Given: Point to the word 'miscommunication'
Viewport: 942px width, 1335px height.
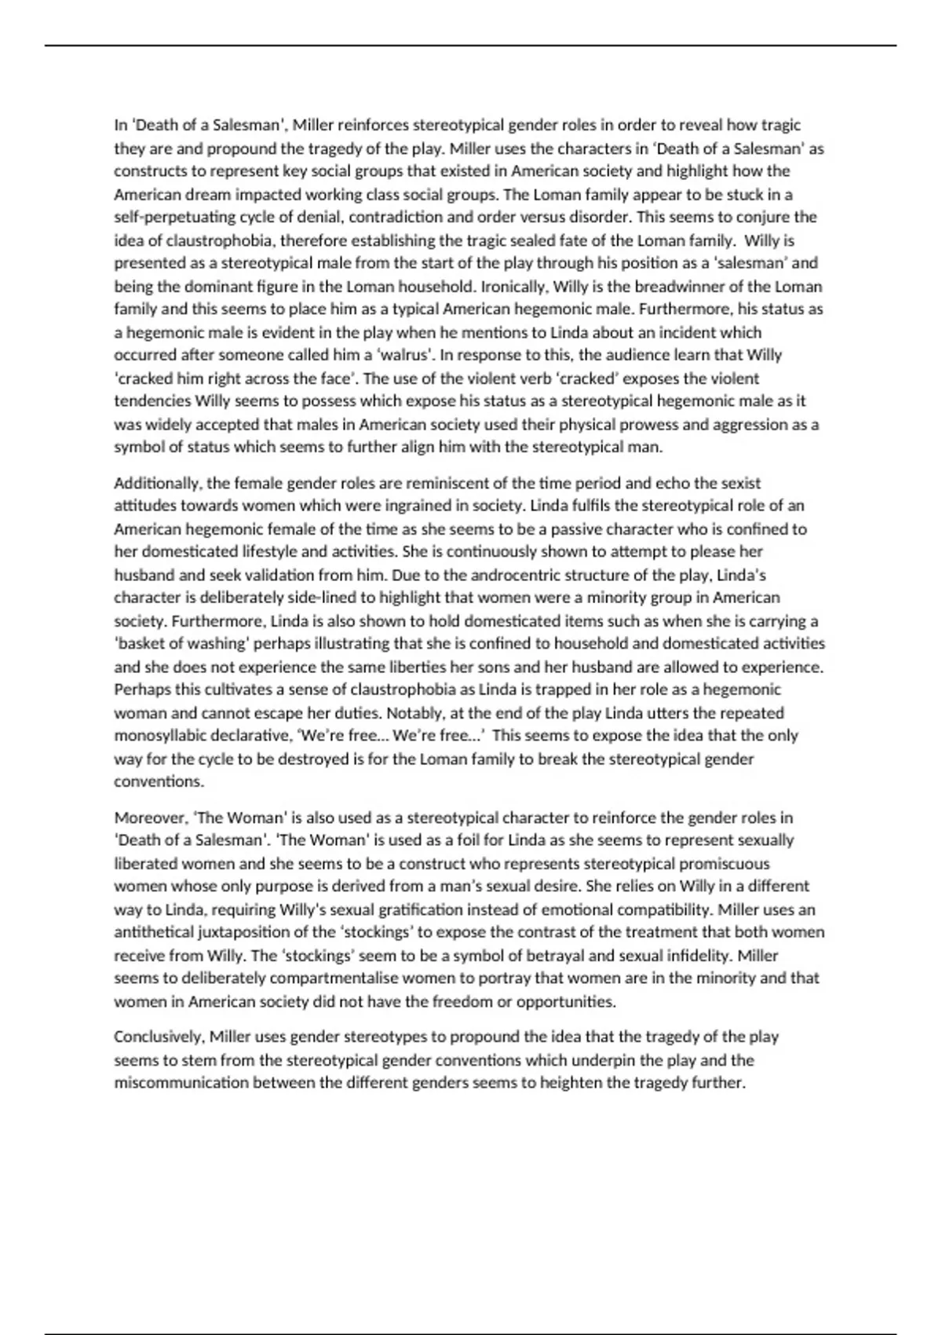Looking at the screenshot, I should point(181,1083).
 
